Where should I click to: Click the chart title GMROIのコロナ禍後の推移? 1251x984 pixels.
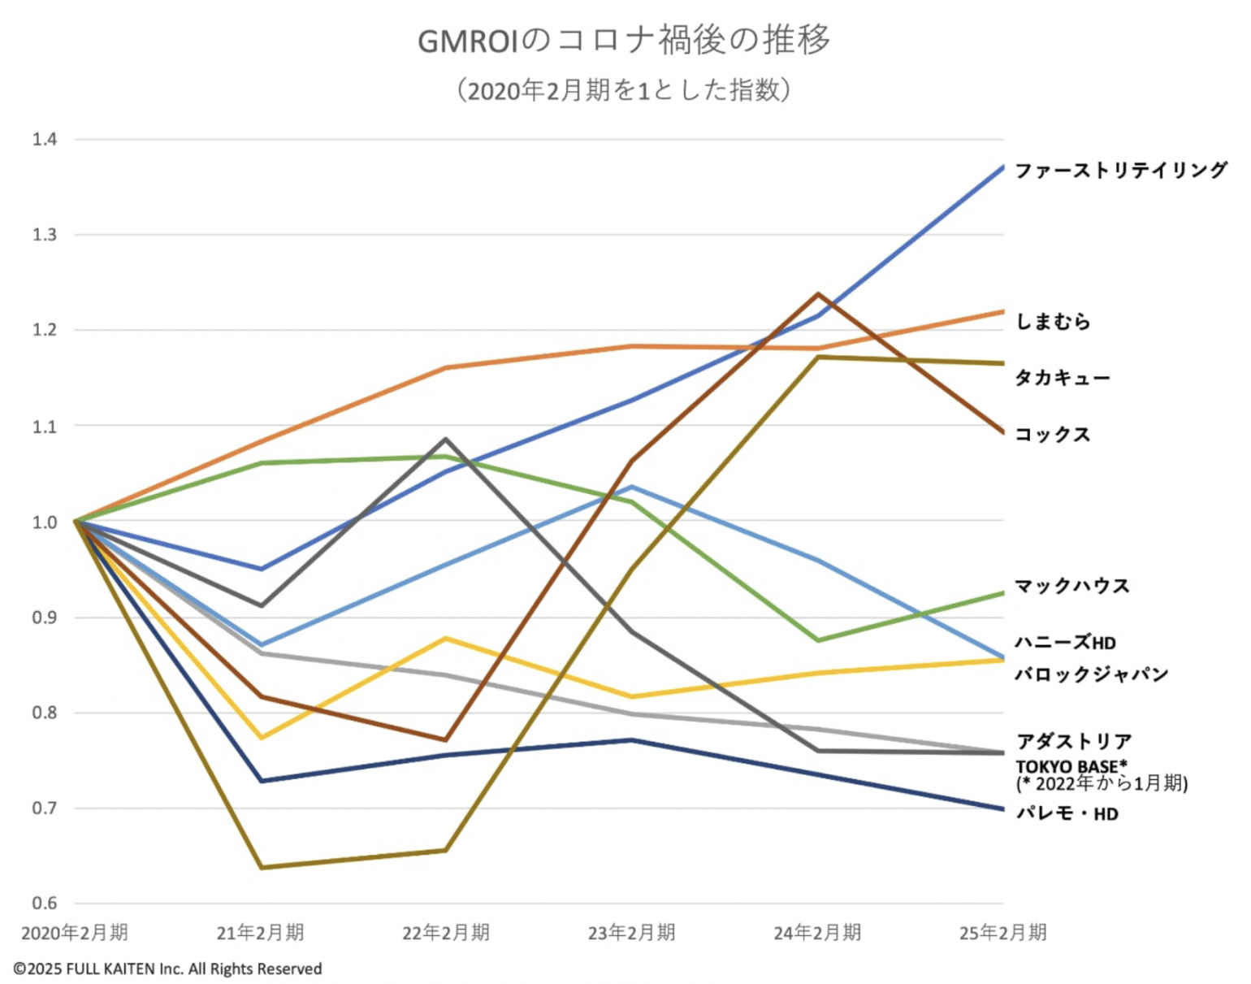click(x=624, y=40)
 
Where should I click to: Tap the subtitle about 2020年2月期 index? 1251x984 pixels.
click(x=624, y=89)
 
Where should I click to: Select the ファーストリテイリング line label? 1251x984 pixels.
click(x=1121, y=170)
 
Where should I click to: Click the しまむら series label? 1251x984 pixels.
click(x=1053, y=322)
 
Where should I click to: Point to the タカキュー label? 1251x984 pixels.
click(x=1063, y=378)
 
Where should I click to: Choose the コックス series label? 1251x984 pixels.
click(x=1053, y=435)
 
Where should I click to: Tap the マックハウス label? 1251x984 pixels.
click(x=1072, y=586)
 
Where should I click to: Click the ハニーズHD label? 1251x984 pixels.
click(x=1066, y=643)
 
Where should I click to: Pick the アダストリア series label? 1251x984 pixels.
click(x=1074, y=741)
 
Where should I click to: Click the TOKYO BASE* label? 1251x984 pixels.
click(x=1071, y=766)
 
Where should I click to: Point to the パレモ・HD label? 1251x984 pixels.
click(x=1067, y=813)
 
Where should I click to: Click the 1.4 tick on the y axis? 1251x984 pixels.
click(x=45, y=139)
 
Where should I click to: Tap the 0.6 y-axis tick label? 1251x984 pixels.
click(x=45, y=903)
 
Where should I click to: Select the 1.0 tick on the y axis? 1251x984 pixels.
click(x=45, y=522)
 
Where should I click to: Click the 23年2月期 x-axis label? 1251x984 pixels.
click(x=632, y=933)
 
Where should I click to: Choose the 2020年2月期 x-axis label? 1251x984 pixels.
click(x=75, y=933)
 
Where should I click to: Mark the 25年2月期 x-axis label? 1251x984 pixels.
click(x=1002, y=933)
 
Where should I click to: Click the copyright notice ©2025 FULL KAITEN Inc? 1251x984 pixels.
click(x=167, y=969)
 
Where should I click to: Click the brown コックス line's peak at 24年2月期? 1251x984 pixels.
click(x=817, y=294)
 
